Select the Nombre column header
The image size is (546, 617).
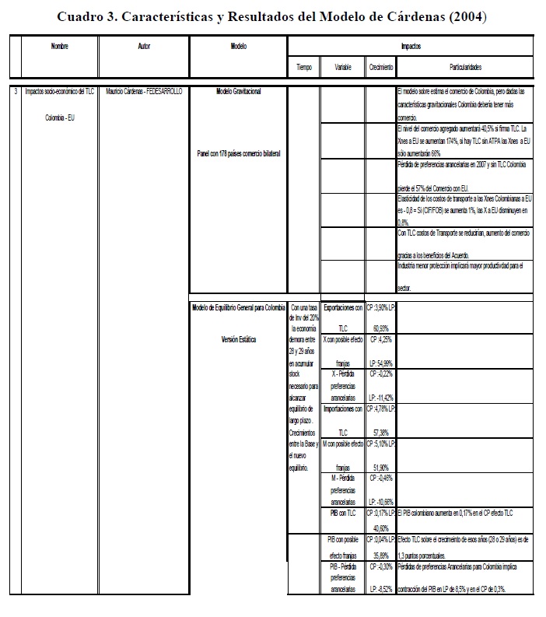[x=60, y=47]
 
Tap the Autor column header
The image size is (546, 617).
[x=143, y=47]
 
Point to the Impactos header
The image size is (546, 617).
[x=413, y=47]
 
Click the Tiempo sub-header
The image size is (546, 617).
[x=304, y=68]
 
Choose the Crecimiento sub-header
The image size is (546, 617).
[x=380, y=68]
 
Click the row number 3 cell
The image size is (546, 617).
[x=16, y=92]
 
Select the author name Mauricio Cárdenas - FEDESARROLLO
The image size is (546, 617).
[x=143, y=92]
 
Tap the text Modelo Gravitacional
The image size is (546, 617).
[x=239, y=92]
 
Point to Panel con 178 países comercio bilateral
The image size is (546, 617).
[x=239, y=153]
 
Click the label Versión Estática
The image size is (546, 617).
[x=239, y=339]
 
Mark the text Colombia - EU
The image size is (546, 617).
[x=61, y=119]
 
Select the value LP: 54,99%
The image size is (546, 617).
[x=381, y=363]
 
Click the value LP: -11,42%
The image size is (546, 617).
[x=381, y=397]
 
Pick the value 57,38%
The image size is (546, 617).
[x=380, y=432]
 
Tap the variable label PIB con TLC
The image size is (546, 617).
[x=343, y=513]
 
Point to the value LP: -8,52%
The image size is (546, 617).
[x=381, y=590]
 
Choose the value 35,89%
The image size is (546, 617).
[x=380, y=556]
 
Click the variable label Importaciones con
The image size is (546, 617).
[x=343, y=408]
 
